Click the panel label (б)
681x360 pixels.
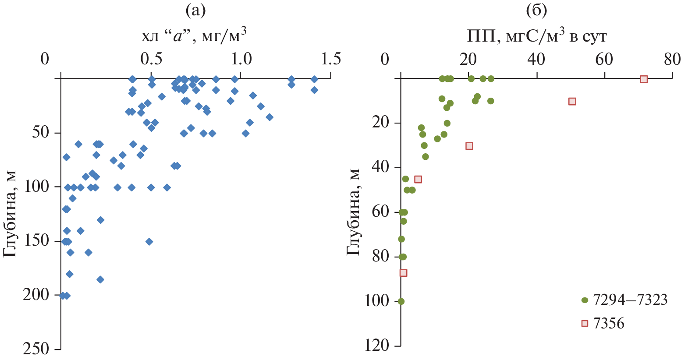pyautogui.click(x=536, y=11)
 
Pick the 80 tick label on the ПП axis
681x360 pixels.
pyautogui.click(x=672, y=59)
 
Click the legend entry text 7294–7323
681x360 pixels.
pyautogui.click(x=630, y=300)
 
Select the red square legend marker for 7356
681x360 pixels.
pyautogui.click(x=584, y=323)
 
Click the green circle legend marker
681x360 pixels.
pyautogui.click(x=584, y=300)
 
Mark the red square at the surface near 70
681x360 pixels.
pyautogui.click(x=643, y=79)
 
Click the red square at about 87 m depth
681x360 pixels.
pyautogui.click(x=403, y=273)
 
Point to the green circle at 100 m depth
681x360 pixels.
pyautogui.click(x=401, y=301)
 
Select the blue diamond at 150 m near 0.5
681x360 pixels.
pyautogui.click(x=149, y=241)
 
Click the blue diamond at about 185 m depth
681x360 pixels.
pyautogui.click(x=100, y=279)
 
